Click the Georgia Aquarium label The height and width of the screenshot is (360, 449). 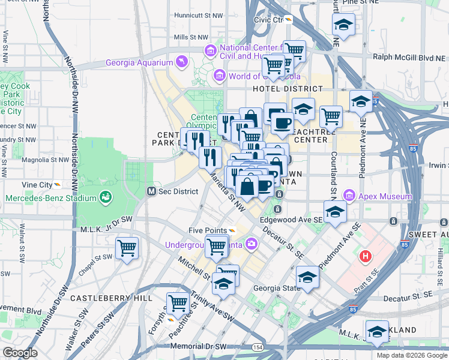click(139, 62)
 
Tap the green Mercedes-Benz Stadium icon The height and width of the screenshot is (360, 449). click(106, 196)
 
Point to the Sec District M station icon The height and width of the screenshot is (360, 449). click(152, 191)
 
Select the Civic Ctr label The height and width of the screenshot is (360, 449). click(268, 19)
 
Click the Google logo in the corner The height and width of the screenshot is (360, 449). click(19, 352)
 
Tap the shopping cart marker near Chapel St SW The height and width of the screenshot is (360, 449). click(127, 247)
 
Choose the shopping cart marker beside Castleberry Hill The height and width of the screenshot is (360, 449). click(178, 303)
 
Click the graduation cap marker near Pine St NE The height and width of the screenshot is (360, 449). click(343, 25)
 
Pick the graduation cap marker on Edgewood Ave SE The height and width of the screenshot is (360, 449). click(335, 212)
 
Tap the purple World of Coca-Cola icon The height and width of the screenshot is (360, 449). click(220, 76)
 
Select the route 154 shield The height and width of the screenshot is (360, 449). click(258, 347)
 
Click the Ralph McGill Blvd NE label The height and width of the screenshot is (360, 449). click(411, 58)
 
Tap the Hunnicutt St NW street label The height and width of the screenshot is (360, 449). click(197, 15)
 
